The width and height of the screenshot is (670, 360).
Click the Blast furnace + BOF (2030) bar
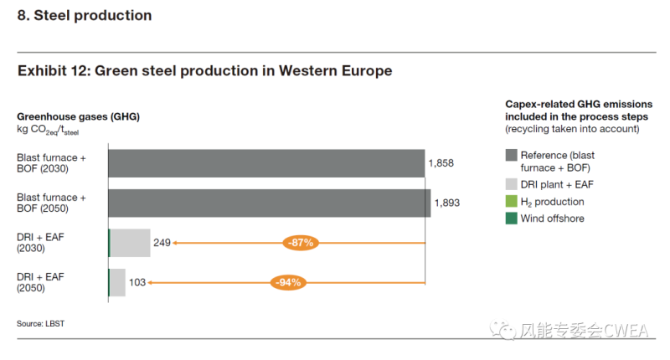point(266,163)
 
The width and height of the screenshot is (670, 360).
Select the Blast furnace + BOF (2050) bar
point(269,203)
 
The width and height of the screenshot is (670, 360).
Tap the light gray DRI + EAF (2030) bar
point(131,243)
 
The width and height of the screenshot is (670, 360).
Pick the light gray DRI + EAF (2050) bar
point(118,282)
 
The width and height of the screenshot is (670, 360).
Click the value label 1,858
point(441,163)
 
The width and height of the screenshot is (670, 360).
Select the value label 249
point(162,243)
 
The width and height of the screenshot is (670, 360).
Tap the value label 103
point(137,283)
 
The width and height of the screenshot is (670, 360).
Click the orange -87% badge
point(299,243)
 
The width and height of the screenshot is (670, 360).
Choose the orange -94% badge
point(287,283)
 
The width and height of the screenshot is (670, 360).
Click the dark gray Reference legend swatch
point(511,156)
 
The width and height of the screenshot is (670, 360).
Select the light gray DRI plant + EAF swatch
point(511,183)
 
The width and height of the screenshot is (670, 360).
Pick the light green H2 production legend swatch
point(511,202)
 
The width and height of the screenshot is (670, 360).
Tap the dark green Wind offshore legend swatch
point(511,219)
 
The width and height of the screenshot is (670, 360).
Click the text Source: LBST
point(39,323)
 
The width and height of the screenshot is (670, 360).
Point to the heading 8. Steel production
point(85,16)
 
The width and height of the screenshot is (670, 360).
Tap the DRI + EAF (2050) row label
point(40,282)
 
